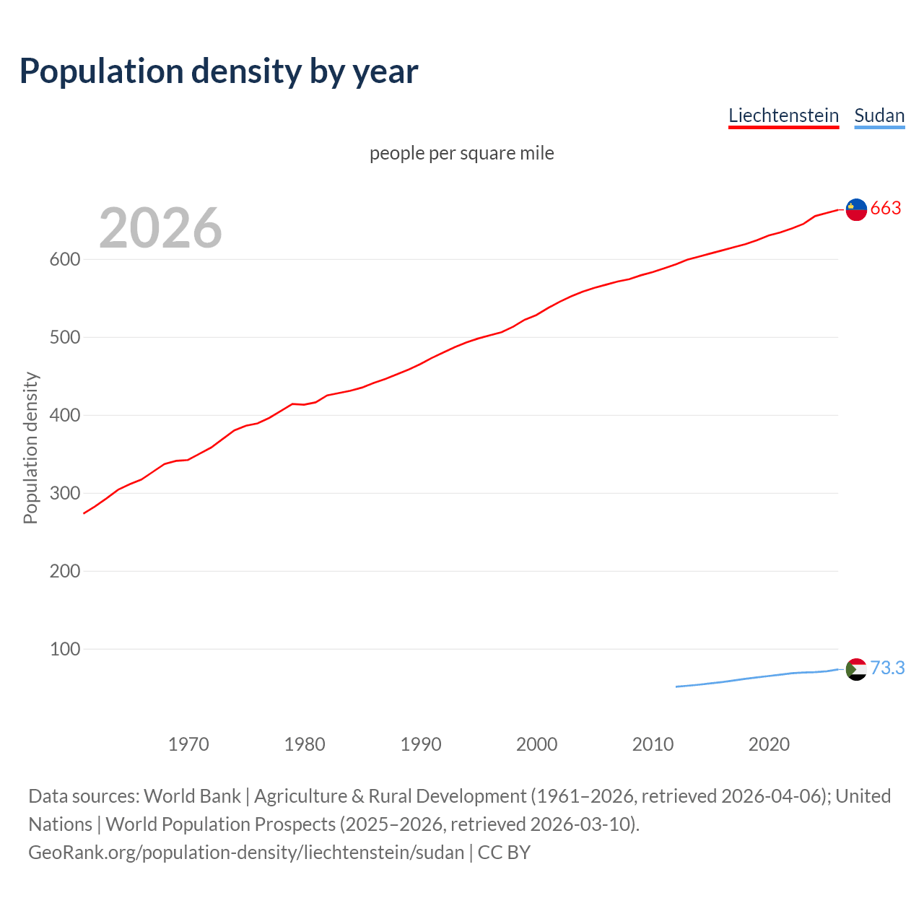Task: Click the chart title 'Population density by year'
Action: [x=219, y=71]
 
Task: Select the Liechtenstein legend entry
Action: [x=783, y=115]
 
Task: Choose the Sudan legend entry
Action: [x=879, y=115]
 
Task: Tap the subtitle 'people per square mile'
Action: [x=462, y=153]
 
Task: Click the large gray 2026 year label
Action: [x=160, y=228]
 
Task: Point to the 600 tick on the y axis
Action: [x=64, y=259]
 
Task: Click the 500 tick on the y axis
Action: [x=64, y=337]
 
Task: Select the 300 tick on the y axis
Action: [x=64, y=493]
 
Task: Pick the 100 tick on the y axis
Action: [x=64, y=649]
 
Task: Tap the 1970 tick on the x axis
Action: [x=188, y=744]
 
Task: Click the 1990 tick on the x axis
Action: [x=421, y=744]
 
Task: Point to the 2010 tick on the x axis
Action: [x=653, y=744]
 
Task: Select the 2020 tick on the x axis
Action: [x=769, y=744]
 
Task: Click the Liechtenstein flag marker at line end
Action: [x=856, y=209]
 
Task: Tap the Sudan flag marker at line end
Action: [x=856, y=669]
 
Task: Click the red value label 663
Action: [x=886, y=209]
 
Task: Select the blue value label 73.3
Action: [x=887, y=668]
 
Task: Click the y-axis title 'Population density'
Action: [x=30, y=448]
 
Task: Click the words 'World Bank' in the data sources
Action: [x=192, y=796]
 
